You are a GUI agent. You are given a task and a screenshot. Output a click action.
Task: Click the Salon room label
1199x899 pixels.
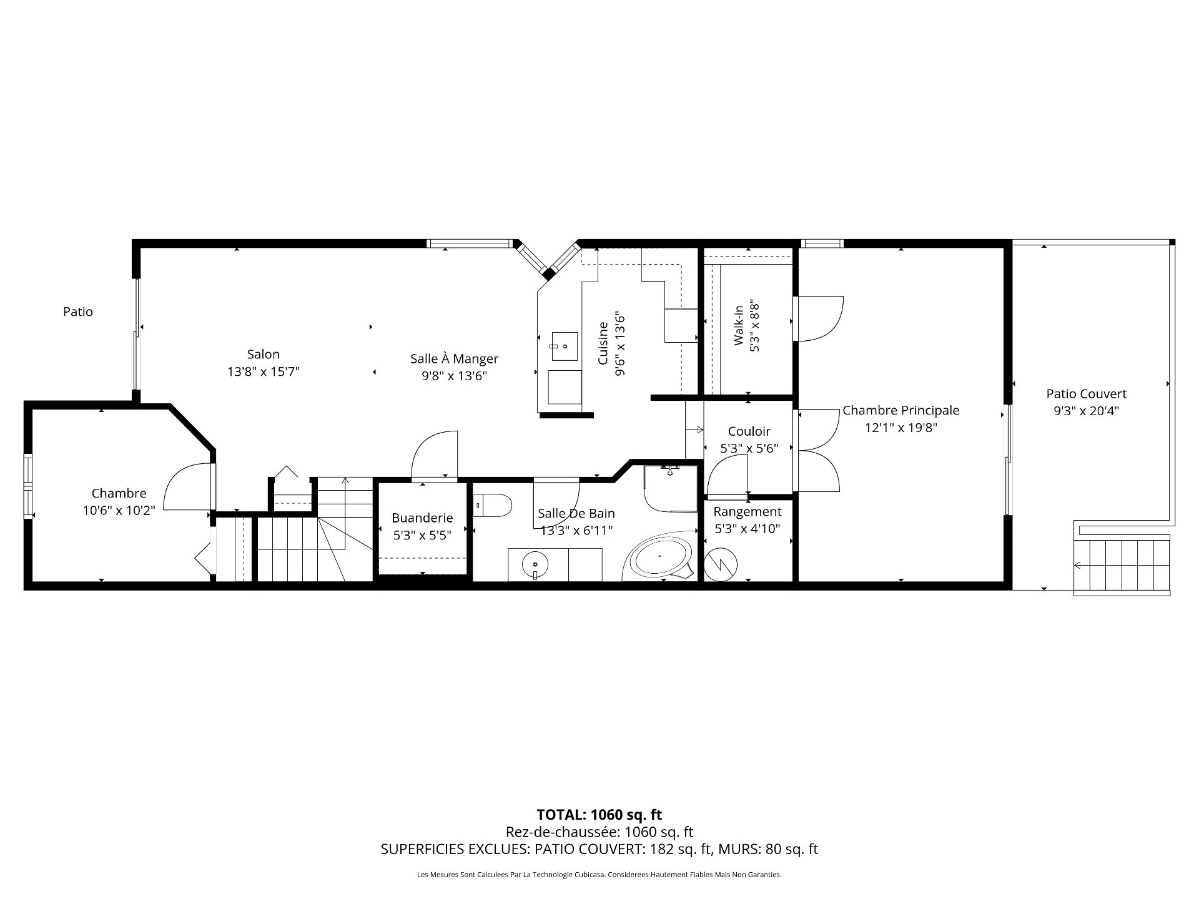pyautogui.click(x=264, y=355)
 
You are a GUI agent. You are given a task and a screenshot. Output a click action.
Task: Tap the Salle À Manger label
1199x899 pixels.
pyautogui.click(x=454, y=359)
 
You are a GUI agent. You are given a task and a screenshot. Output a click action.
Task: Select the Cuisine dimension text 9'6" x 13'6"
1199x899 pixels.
pyautogui.click(x=620, y=344)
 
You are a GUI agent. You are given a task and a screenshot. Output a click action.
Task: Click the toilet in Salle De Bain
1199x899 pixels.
pyautogui.click(x=493, y=505)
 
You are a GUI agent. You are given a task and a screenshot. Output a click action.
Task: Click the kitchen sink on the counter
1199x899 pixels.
pyautogui.click(x=564, y=346)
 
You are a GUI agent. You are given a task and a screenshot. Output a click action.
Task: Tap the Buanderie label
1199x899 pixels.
pyautogui.click(x=422, y=518)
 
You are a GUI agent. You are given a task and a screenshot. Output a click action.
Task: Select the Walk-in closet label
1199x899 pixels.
pyautogui.click(x=739, y=325)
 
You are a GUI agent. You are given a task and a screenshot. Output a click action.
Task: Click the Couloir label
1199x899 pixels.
pyautogui.click(x=749, y=431)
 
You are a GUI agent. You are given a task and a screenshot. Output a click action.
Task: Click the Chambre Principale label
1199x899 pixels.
pyautogui.click(x=900, y=410)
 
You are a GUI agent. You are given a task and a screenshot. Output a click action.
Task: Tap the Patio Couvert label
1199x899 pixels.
pyautogui.click(x=1087, y=394)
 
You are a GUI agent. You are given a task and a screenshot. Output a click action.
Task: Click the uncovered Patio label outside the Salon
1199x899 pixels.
pyautogui.click(x=78, y=312)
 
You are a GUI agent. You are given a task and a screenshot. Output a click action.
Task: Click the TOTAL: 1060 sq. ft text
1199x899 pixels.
pyautogui.click(x=599, y=815)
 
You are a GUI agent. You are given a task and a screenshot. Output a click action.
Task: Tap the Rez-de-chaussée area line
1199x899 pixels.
pyautogui.click(x=599, y=832)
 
